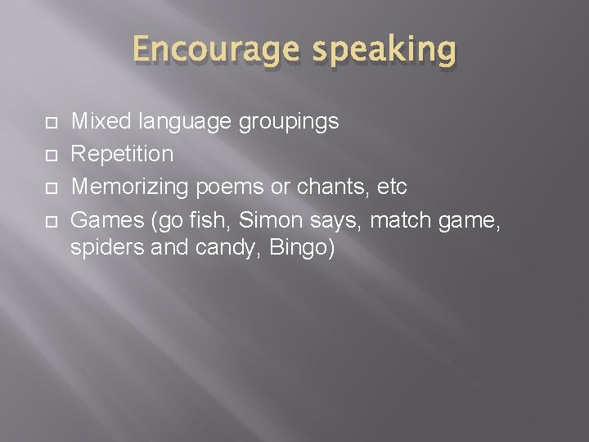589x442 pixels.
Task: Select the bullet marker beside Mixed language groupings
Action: [51, 123]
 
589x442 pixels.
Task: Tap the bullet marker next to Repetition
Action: [51, 155]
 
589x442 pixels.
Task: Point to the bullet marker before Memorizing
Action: [51, 187]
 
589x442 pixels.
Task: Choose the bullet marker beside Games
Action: [51, 219]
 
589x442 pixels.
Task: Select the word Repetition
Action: [123, 154]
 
